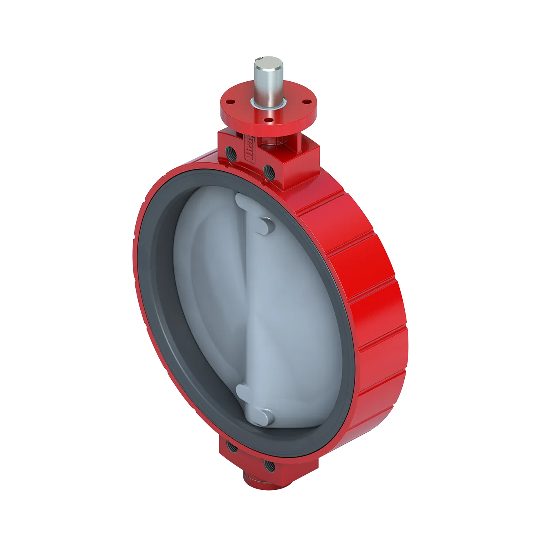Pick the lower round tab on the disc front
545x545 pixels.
click(265, 417)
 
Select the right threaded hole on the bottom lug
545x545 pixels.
click(269, 464)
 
